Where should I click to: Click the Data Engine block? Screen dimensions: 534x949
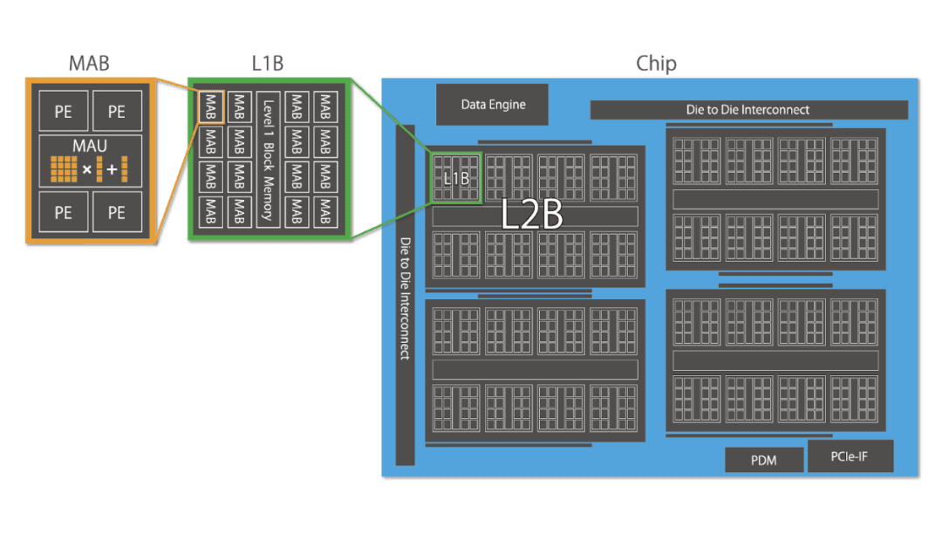click(x=493, y=105)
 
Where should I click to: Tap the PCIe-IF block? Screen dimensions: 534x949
click(x=850, y=455)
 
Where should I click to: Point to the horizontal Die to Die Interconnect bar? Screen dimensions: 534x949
click(x=748, y=110)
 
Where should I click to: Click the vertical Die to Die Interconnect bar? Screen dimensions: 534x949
click(x=405, y=297)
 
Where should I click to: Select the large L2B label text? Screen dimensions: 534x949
click(x=532, y=216)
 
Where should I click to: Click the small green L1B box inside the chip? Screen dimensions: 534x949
click(x=456, y=178)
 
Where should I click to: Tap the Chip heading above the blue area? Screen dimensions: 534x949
click(x=656, y=64)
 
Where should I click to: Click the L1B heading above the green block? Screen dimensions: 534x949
click(x=267, y=64)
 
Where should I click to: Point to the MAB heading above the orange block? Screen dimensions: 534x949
click(x=89, y=64)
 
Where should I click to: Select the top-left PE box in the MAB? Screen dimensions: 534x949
click(x=63, y=112)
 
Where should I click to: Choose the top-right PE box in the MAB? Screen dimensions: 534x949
click(x=116, y=112)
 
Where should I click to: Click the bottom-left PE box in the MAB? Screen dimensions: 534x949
click(x=63, y=212)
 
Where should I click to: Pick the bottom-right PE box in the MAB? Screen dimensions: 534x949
click(x=116, y=212)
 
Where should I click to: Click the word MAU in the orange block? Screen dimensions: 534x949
click(x=90, y=145)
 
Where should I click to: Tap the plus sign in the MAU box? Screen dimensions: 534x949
click(x=112, y=168)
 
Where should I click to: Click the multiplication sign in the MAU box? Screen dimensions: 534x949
click(x=86, y=168)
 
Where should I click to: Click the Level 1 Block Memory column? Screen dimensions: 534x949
click(x=268, y=159)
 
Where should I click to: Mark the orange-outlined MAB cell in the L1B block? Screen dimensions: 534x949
click(x=210, y=106)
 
